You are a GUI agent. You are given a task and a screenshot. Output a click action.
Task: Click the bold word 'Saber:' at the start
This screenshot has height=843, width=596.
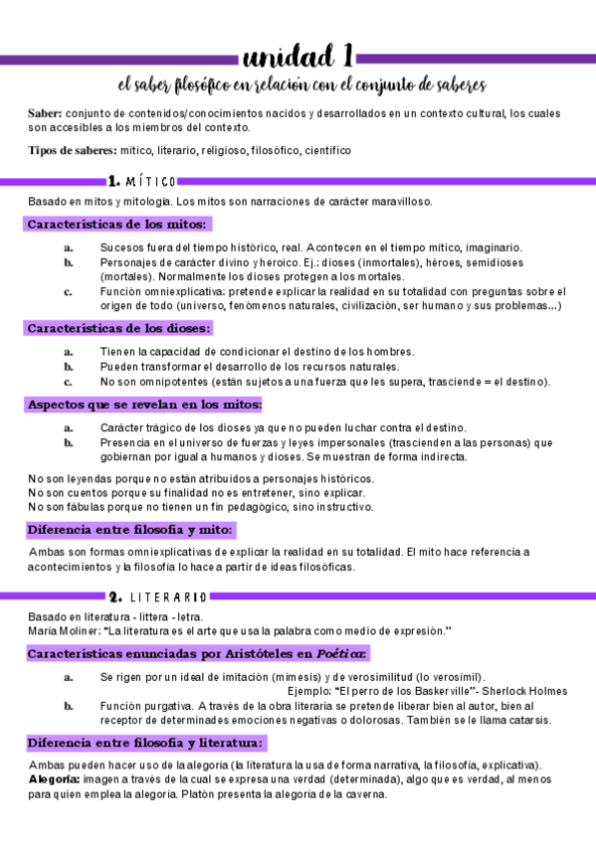coord(45,114)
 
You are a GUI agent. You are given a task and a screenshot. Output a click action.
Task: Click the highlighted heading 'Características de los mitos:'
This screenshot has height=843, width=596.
coord(117,224)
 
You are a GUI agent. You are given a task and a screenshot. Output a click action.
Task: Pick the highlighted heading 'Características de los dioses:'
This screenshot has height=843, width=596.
coord(118,328)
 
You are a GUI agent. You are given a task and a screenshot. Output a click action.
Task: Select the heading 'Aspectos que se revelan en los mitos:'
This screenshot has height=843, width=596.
coord(144,405)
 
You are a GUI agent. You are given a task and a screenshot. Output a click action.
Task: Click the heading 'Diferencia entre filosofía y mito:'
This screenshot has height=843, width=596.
coord(130,530)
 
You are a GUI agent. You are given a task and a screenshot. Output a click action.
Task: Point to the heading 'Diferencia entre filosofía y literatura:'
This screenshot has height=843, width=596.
coord(145,743)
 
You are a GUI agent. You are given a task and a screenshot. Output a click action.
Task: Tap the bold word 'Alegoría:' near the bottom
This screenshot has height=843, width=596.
coord(54,780)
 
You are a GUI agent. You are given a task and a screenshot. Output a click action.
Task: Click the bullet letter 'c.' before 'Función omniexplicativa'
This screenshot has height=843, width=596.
coord(68,291)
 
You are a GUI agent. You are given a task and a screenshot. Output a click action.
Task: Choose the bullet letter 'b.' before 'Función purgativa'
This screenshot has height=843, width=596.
coord(68,706)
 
